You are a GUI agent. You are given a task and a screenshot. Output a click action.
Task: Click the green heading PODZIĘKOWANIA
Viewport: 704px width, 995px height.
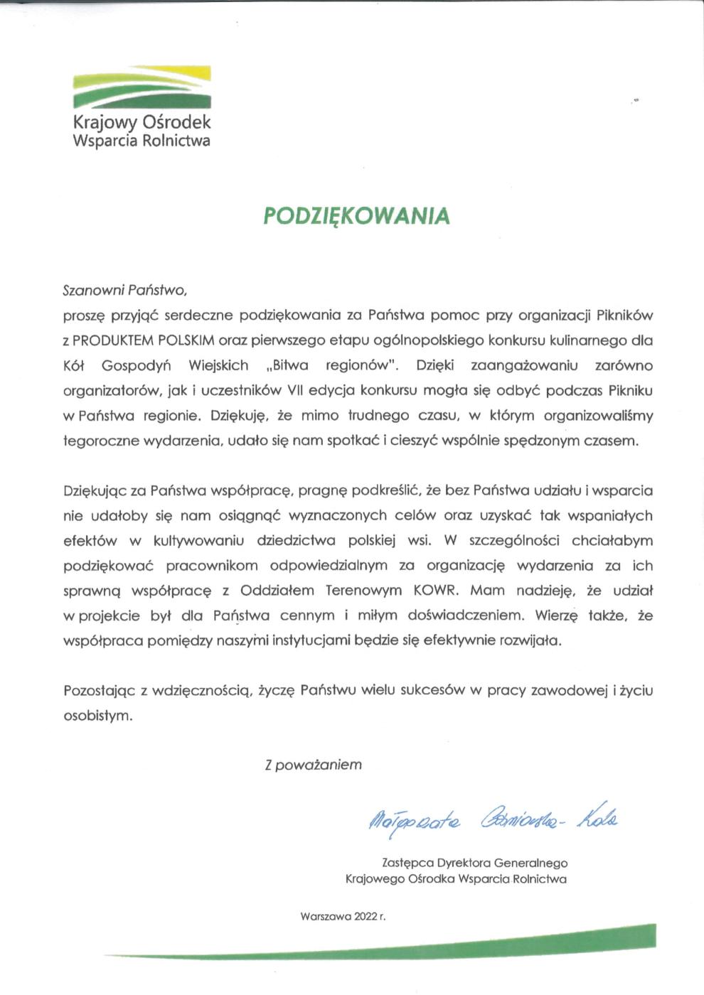tap(356, 216)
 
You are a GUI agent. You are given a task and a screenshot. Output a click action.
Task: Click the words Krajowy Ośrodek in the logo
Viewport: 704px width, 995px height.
tap(142, 122)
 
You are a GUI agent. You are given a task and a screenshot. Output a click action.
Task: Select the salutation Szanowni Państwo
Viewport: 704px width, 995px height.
tap(124, 290)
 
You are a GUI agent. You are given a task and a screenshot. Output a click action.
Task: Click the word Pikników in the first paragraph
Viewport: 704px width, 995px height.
tap(624, 315)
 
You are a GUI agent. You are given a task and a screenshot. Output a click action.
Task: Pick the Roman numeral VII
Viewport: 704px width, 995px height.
tap(296, 390)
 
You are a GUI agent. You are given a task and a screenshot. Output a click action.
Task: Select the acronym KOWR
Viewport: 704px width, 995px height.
tap(437, 591)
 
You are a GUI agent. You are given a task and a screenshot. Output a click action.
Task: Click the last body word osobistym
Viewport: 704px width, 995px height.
tap(97, 716)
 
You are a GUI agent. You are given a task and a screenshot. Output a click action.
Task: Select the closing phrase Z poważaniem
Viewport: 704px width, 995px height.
tap(313, 765)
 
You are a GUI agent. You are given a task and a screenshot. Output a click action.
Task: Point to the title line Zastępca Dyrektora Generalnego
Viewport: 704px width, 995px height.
tap(474, 864)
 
